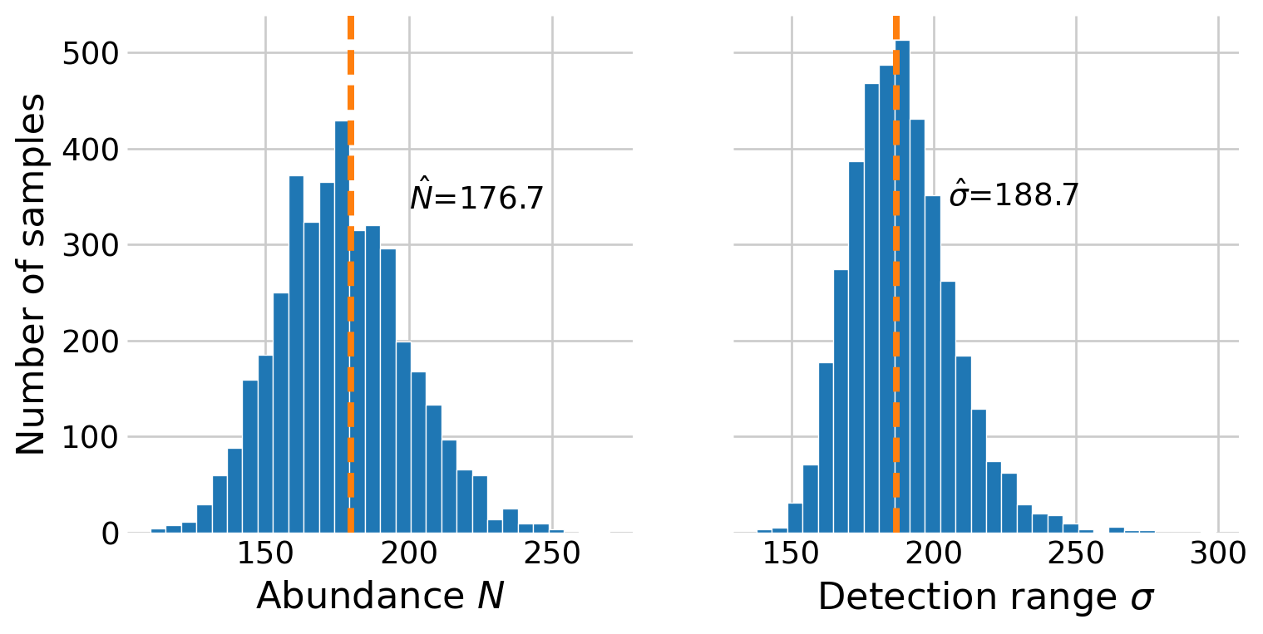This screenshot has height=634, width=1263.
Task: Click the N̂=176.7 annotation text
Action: tap(476, 199)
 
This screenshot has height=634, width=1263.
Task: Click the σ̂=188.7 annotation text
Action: tap(1014, 196)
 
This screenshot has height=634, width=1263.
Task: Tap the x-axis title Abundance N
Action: tap(380, 596)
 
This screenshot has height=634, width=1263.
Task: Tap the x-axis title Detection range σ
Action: tap(985, 597)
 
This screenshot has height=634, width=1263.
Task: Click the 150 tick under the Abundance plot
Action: tap(265, 554)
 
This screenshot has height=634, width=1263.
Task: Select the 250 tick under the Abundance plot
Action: tap(553, 554)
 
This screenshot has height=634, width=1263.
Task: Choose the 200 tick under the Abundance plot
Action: tap(409, 554)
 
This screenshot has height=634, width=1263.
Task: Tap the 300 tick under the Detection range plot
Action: tap(1218, 554)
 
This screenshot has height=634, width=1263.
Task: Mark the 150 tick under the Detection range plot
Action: tap(792, 554)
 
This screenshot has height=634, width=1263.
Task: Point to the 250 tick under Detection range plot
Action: tap(1076, 554)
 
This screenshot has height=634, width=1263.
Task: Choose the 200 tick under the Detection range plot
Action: tap(934, 554)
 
